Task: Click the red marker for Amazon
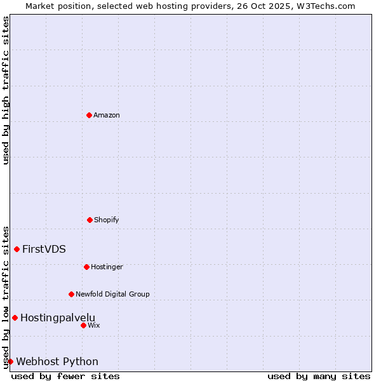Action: tap(89, 115)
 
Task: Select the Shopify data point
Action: tap(90, 220)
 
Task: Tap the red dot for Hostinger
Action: tap(86, 267)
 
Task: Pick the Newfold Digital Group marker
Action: tap(71, 294)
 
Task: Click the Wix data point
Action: tap(83, 325)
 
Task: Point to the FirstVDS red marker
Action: tap(17, 249)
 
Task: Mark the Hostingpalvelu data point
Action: tap(15, 317)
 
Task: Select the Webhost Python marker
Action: tap(10, 361)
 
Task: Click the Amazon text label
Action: tap(107, 115)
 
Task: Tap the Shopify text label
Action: tap(107, 220)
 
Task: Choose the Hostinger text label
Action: tap(107, 267)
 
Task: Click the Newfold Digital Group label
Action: tap(112, 294)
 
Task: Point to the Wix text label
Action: tap(94, 325)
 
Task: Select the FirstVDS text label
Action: tap(44, 249)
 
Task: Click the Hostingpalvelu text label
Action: tap(58, 317)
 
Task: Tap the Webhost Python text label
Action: tap(57, 361)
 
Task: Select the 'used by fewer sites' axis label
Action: tap(65, 376)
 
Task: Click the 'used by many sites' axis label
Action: tap(319, 376)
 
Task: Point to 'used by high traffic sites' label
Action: tap(6, 90)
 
